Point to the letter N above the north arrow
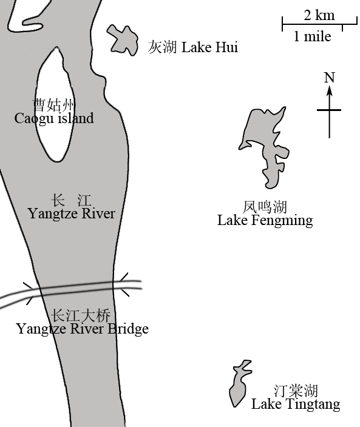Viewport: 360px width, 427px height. coord(329,78)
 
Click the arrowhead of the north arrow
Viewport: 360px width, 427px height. coord(330,90)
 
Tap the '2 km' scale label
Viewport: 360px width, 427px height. coord(319,15)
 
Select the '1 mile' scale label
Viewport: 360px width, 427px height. coord(312,36)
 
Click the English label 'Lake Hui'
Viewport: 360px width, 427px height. coord(209,47)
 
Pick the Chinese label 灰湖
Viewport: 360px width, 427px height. coord(163,47)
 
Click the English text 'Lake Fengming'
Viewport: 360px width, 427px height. coord(265,220)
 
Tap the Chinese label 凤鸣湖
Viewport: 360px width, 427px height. coord(265,207)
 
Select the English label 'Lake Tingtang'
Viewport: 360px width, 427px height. coord(296,404)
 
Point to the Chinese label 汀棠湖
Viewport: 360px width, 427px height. coord(296,391)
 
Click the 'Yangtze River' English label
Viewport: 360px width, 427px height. coord(72,213)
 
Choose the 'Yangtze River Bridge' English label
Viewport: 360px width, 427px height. coord(83,329)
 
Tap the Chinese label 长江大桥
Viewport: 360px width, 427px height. coord(81,315)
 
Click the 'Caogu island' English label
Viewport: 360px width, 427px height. coord(54,118)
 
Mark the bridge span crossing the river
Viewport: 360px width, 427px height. coord(77,289)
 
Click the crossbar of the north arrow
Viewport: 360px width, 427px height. coord(329,110)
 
